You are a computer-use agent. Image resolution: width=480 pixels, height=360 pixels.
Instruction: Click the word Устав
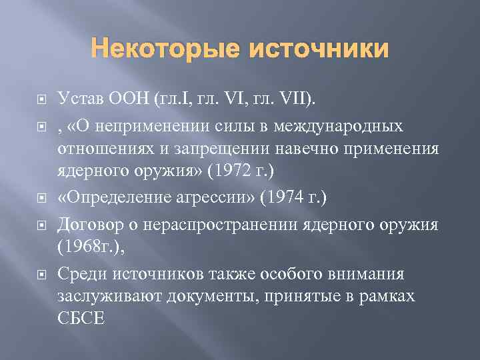coord(79,100)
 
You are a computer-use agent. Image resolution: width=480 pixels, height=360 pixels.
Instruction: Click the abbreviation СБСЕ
coord(82,317)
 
